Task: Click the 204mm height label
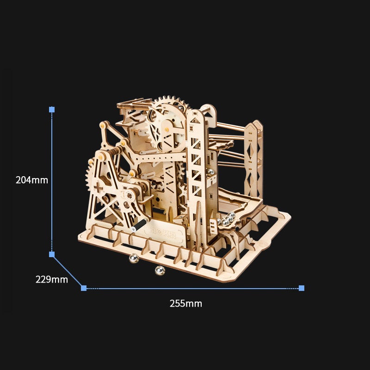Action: click(32, 180)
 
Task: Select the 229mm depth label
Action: click(52, 279)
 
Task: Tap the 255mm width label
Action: click(186, 303)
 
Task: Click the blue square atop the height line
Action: click(52, 110)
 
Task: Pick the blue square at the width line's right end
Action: click(302, 288)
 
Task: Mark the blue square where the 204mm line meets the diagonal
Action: click(52, 254)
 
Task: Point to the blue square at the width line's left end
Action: click(84, 288)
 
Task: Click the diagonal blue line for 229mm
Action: click(68, 271)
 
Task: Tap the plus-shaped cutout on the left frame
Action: click(99, 188)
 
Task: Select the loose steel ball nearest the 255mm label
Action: click(160, 271)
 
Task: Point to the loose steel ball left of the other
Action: click(134, 259)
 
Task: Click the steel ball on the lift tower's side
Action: click(210, 172)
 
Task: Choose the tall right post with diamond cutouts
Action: click(253, 157)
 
